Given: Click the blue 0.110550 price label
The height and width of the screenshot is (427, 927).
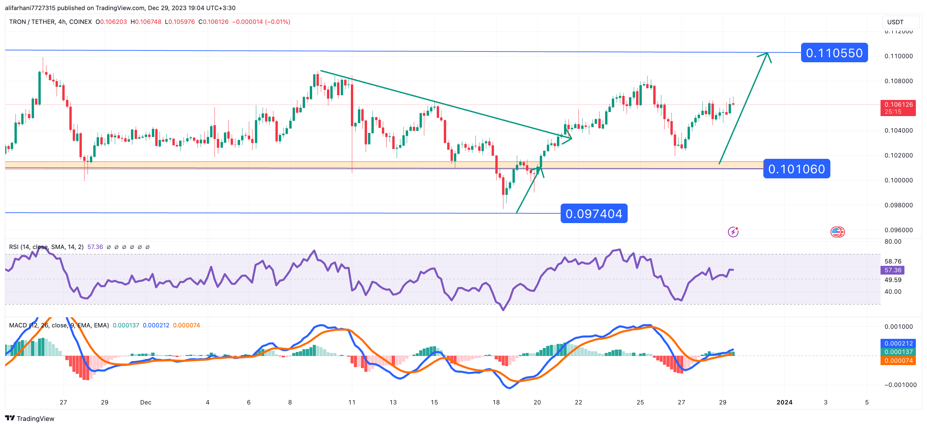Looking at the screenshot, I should pyautogui.click(x=834, y=53).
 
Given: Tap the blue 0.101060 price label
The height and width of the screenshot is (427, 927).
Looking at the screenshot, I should pyautogui.click(x=796, y=169).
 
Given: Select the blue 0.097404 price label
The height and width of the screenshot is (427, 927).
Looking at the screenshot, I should pyautogui.click(x=594, y=214).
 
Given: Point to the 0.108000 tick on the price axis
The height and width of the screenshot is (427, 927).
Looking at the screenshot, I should pyautogui.click(x=899, y=81).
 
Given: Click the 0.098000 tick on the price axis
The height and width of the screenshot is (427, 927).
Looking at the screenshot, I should pyautogui.click(x=899, y=205).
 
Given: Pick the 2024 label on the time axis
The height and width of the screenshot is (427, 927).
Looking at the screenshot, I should pyautogui.click(x=784, y=402).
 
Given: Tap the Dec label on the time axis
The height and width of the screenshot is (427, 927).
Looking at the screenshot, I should pyautogui.click(x=145, y=402).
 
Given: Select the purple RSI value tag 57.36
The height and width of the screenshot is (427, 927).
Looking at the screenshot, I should pyautogui.click(x=892, y=270).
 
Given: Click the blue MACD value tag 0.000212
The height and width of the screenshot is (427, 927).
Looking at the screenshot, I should pyautogui.click(x=898, y=343).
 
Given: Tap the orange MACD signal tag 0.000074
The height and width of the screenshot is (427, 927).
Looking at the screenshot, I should pyautogui.click(x=898, y=360).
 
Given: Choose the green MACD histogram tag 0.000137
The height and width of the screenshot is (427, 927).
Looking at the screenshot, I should pyautogui.click(x=898, y=352).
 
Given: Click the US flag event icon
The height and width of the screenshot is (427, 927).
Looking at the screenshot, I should pyautogui.click(x=837, y=232).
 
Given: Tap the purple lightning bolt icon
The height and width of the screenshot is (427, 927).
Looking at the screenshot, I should pyautogui.click(x=733, y=232).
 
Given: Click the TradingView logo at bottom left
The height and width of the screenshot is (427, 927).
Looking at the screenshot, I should pyautogui.click(x=30, y=418).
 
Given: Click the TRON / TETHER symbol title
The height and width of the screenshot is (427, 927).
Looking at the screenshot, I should pyautogui.click(x=50, y=22).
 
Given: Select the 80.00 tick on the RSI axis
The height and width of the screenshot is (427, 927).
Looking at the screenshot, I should pyautogui.click(x=893, y=241).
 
